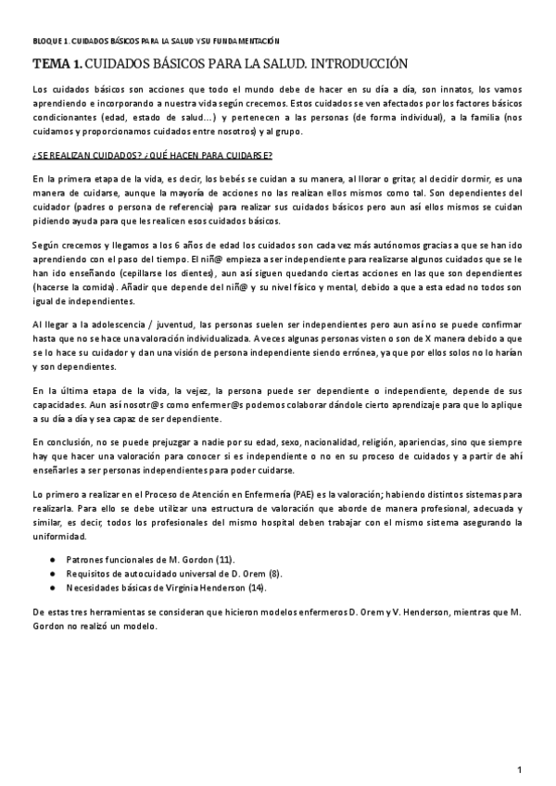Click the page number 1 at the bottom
(521, 769)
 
